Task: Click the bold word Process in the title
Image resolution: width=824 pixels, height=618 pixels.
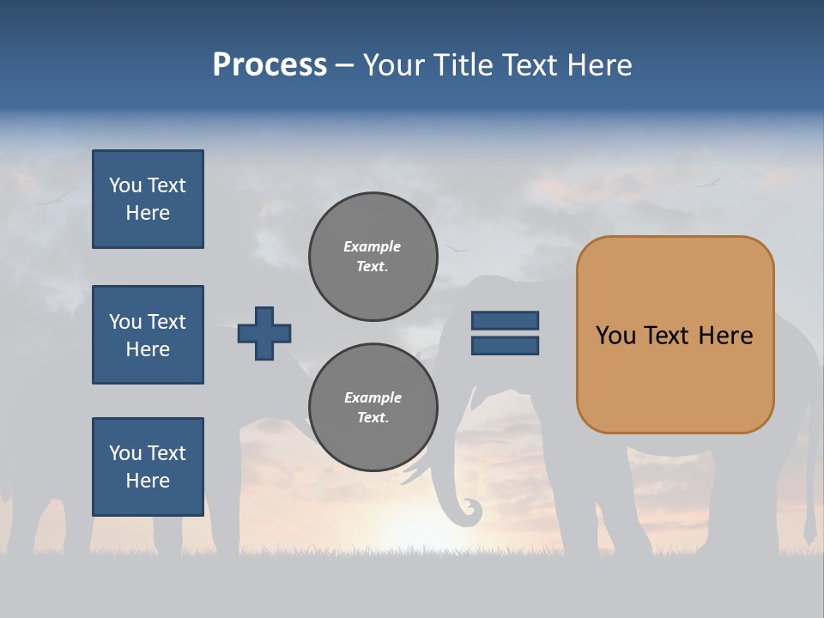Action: [x=270, y=65]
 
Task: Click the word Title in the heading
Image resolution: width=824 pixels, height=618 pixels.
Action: [x=464, y=65]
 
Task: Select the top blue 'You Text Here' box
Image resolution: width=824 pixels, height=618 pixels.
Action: [x=148, y=199]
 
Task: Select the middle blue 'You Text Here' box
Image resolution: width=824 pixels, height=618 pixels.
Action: [x=148, y=335]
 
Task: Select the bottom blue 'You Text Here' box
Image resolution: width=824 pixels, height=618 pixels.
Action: [x=148, y=467]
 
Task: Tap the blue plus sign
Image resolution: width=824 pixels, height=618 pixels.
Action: [x=264, y=333]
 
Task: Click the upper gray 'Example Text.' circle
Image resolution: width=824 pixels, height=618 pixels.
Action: [x=373, y=257]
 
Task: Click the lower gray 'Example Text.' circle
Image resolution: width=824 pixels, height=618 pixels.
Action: [x=373, y=408]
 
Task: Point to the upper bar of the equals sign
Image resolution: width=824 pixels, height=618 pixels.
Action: [x=505, y=320]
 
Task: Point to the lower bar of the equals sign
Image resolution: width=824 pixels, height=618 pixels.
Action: [x=505, y=346]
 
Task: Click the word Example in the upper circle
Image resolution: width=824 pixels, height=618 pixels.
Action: [x=372, y=246]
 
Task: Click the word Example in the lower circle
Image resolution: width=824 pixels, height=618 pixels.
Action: [x=373, y=397]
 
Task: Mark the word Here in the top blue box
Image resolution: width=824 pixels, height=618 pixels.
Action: [x=148, y=213]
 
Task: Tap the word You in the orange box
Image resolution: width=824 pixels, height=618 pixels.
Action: [x=615, y=336]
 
